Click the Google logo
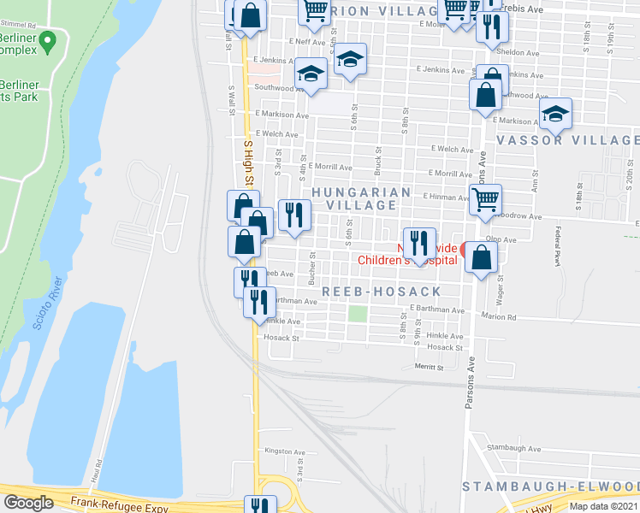point(29,503)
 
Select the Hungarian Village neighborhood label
point(361,198)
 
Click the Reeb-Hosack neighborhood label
point(381,292)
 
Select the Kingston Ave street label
point(285,451)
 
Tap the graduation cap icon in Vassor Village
point(555,113)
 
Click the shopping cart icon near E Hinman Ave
point(485,200)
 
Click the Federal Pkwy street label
point(557,246)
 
